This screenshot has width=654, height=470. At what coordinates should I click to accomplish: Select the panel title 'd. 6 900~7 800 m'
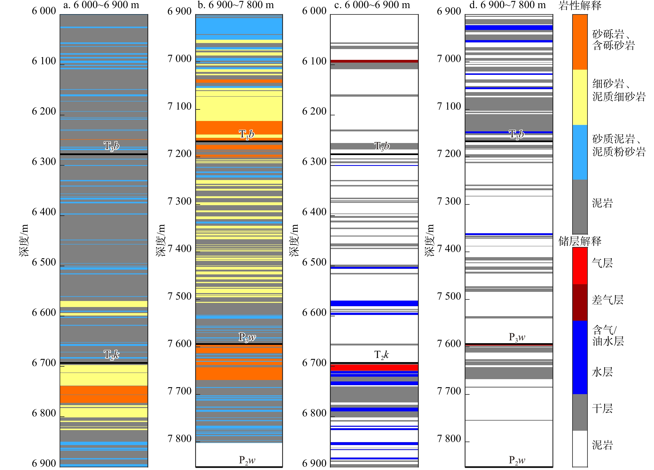pyautogui.click(x=507, y=5)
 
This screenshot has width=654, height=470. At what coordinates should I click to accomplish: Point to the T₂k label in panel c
pyautogui.click(x=381, y=355)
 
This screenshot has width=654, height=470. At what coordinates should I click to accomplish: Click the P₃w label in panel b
pyautogui.click(x=247, y=337)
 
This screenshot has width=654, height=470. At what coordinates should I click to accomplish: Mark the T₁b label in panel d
pyautogui.click(x=516, y=134)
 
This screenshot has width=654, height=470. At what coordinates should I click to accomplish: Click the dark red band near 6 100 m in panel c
pyautogui.click(x=374, y=61)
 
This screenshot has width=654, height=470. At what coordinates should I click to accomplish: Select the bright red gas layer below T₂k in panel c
pyautogui.click(x=374, y=368)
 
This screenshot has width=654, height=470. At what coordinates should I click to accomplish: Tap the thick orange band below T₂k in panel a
pyautogui.click(x=104, y=394)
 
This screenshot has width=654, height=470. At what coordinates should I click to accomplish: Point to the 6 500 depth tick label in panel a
pyautogui.click(x=44, y=262)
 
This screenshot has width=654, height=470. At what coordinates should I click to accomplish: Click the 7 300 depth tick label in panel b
pyautogui.click(x=179, y=201)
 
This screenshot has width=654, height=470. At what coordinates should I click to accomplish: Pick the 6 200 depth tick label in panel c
pyautogui.click(x=314, y=111)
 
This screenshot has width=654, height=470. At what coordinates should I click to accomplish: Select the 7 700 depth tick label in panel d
pyautogui.click(x=449, y=391)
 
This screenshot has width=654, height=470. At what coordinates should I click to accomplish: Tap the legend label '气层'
pyautogui.click(x=602, y=263)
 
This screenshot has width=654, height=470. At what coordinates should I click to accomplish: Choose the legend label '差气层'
pyautogui.click(x=607, y=300)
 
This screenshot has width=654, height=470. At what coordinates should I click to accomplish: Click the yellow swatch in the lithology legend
pyautogui.click(x=580, y=97)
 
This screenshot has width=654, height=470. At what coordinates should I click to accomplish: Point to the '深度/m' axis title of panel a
pyautogui.click(x=24, y=240)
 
